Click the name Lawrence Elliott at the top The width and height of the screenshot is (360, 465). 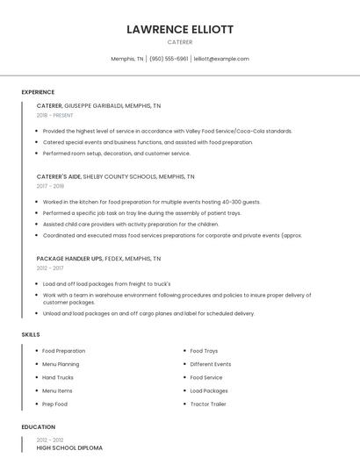tap(180, 29)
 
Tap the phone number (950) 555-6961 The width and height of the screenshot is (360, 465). tap(169, 59)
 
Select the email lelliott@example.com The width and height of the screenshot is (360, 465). tap(221, 59)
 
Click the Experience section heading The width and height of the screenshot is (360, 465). tap(38, 92)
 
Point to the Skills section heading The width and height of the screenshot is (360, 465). tap(31, 334)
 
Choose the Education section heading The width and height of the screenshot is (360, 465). tap(37, 427)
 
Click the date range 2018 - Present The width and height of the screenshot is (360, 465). tap(54, 115)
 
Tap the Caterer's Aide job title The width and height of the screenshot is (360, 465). tap(59, 175)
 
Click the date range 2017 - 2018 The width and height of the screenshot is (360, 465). tap(50, 186)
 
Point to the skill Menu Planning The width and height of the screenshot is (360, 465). tap(61, 364)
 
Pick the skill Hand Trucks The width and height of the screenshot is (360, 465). tap(58, 377)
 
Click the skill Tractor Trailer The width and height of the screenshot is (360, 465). tap(208, 404)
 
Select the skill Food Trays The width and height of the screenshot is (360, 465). tap(205, 351)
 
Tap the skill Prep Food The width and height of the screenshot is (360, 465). tap(54, 404)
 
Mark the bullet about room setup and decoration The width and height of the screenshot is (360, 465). tap(116, 153)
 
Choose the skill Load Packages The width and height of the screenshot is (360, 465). tap(209, 390)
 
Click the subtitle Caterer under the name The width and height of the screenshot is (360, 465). tap(180, 41)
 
